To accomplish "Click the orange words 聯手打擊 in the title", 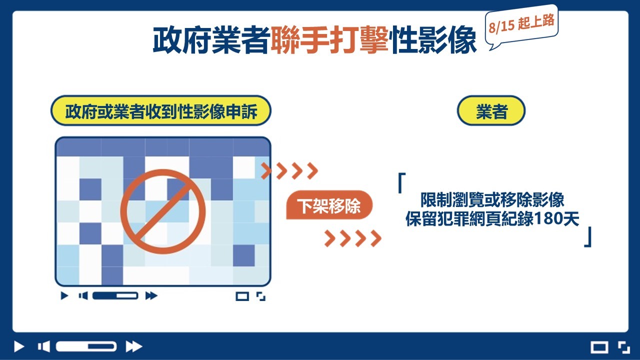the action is coord(329,40).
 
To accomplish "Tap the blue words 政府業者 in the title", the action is coord(211,40).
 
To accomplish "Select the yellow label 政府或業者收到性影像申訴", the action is coord(161,111).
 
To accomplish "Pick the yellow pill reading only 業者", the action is coord(491,111).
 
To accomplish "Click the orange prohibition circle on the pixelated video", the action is coord(163,212).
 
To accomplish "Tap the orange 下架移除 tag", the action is coord(329,205).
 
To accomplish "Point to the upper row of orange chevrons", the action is coord(289,171).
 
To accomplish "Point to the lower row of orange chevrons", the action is coord(353,238).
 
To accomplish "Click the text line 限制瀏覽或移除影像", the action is coord(492,199).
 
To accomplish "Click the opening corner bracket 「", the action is coord(401,183).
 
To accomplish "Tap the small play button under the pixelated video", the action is coord(64,295).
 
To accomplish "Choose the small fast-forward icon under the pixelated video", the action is coord(151,295).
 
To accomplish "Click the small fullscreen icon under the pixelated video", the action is coord(261,296).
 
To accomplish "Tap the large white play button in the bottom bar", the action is coord(19,346).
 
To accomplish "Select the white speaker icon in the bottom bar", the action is coord(44,346).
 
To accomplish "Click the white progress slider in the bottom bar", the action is coord(86,346).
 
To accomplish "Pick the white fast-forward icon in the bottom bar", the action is coord(134,346).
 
